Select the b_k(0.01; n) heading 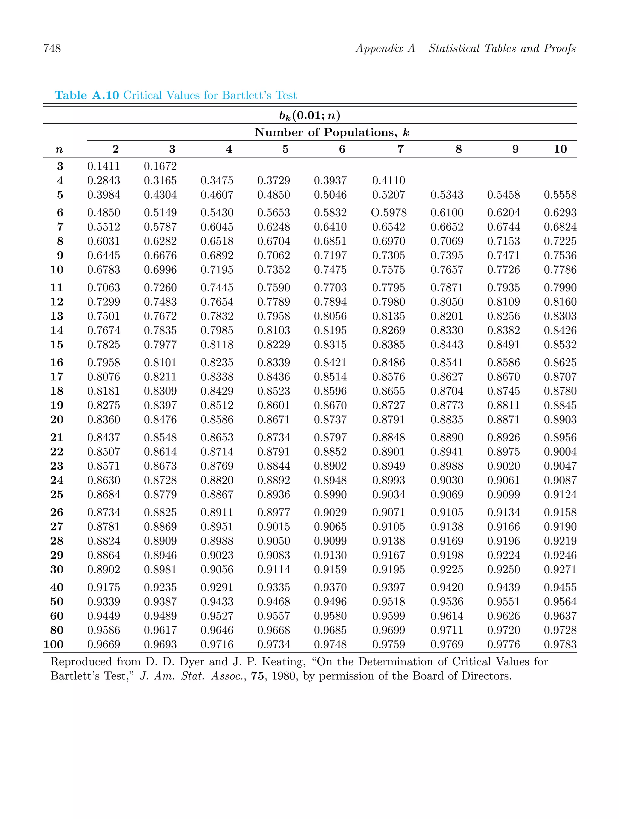coord(309,116)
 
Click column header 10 coord(560,149)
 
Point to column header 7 coord(400,149)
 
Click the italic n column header coord(59,150)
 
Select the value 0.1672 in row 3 coord(160,166)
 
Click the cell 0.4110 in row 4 coord(388,180)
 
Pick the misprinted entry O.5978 coord(388,212)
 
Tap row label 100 coord(53,644)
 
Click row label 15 coord(57,344)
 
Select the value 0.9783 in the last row coord(560,644)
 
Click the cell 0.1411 coord(104,166)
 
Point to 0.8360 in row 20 coord(104,419)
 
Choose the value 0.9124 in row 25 coord(560,494)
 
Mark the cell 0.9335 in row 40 coord(273,587)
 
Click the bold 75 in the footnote coord(257,676)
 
